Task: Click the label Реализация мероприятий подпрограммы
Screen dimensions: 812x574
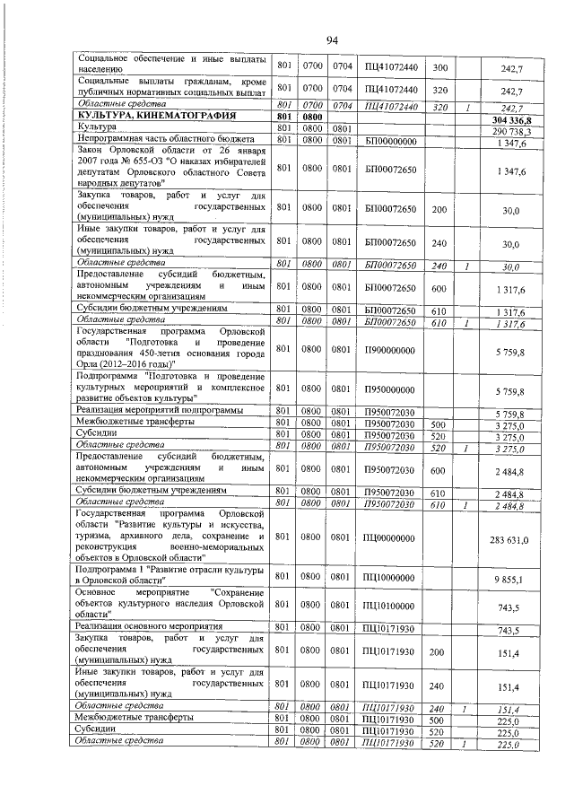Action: pyautogui.click(x=159, y=411)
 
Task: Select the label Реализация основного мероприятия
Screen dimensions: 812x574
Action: pyautogui.click(x=149, y=626)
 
